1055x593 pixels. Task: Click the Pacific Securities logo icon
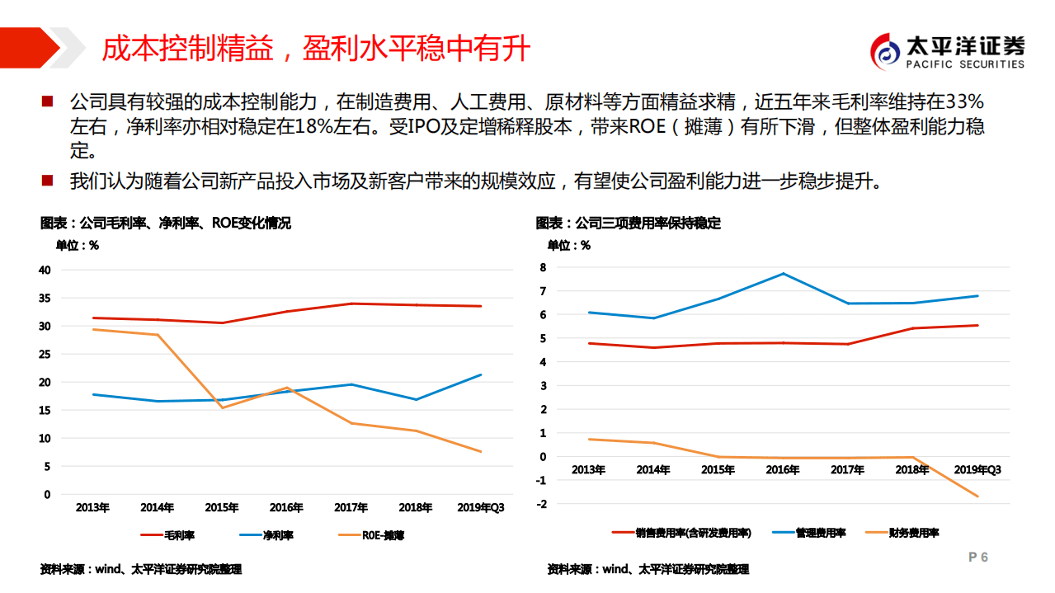click(x=887, y=52)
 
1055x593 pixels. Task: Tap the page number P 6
click(x=977, y=558)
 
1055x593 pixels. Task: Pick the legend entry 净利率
click(x=266, y=535)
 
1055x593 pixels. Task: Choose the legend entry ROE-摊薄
click(x=370, y=535)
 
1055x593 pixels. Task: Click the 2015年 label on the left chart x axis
click(x=222, y=508)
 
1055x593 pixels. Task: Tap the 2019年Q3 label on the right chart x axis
click(x=977, y=470)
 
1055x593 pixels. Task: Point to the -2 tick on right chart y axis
click(x=541, y=503)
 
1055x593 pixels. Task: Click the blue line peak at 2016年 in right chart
click(x=783, y=274)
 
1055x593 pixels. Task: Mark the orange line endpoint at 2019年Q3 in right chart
click(x=977, y=497)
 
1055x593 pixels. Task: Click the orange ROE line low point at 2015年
click(x=222, y=407)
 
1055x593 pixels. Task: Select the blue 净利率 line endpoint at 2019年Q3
click(x=481, y=374)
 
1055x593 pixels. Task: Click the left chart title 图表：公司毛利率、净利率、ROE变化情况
click(x=165, y=224)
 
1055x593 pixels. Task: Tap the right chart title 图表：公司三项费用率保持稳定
click(x=628, y=224)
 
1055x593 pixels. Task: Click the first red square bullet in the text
click(x=47, y=101)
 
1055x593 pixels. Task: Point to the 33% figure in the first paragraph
click(x=965, y=102)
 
